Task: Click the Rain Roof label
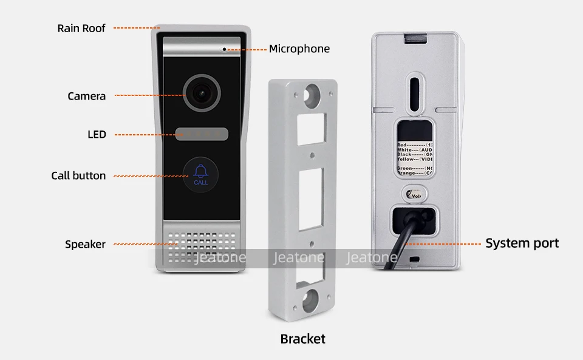tap(81, 28)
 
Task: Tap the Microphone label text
tap(299, 49)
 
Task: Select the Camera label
tap(86, 96)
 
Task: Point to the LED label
tap(97, 134)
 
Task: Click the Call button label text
tap(78, 175)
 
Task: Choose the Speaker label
tap(85, 244)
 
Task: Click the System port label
tap(522, 243)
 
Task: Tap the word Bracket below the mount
tap(302, 339)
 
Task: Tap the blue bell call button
tap(200, 173)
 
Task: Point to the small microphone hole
tap(224, 49)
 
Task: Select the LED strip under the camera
tap(202, 134)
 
